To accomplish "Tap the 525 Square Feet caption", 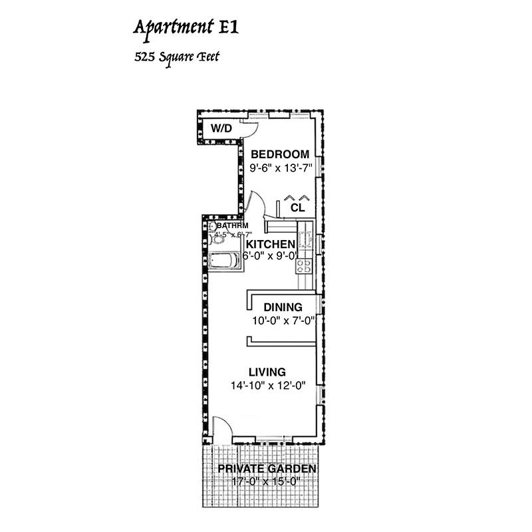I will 176,57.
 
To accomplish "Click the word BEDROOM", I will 279,154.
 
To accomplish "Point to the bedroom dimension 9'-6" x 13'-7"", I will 279,169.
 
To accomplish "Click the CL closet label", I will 297,207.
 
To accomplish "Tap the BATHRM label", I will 230,226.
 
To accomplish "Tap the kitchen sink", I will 307,237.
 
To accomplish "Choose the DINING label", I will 283,307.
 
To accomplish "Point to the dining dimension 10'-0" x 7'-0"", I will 283,321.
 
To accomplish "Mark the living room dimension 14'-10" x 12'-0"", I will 267,386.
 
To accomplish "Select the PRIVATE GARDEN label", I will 267,469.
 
